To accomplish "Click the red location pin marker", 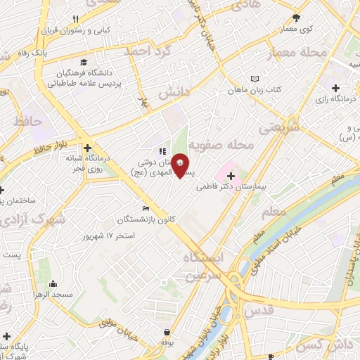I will (x=181, y=165).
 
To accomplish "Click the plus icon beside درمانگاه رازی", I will (x=336, y=89).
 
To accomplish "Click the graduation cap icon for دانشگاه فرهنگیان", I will (x=85, y=63).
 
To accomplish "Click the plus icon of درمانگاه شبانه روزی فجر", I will (x=88, y=148).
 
